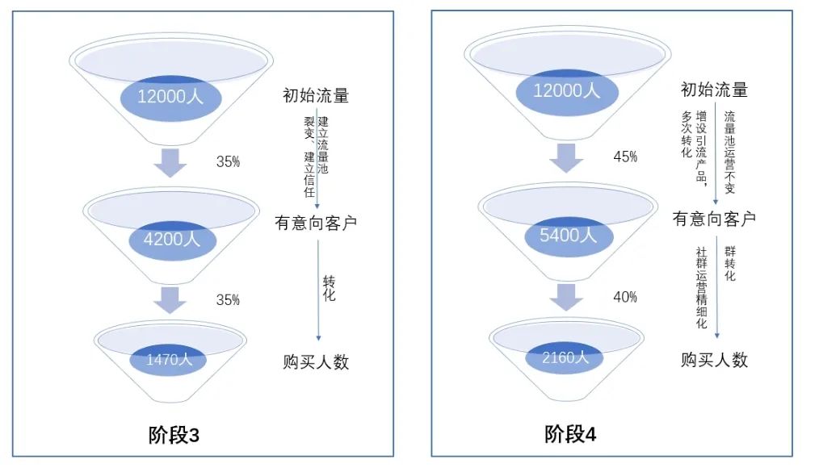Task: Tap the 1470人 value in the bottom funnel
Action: (x=170, y=360)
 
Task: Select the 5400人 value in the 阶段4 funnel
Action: (x=568, y=235)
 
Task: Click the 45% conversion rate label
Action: (x=625, y=157)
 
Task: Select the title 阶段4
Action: (x=570, y=434)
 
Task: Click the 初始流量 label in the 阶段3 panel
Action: (x=316, y=95)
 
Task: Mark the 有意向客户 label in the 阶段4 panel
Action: (x=715, y=218)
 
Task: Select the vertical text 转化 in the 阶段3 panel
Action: (x=329, y=288)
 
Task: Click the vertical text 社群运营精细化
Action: (x=701, y=288)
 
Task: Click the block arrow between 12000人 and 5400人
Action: (x=567, y=159)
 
